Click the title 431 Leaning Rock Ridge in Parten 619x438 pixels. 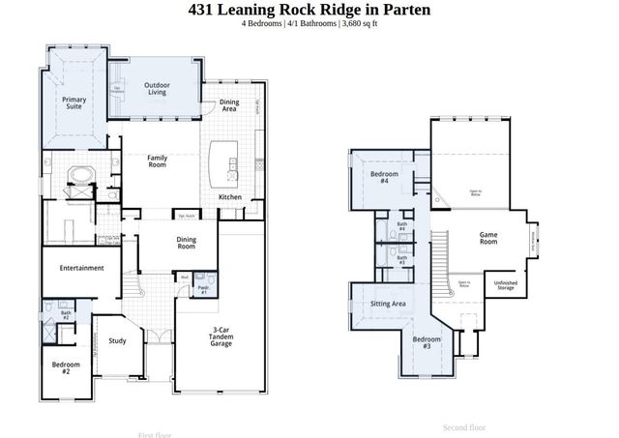pyautogui.click(x=309, y=10)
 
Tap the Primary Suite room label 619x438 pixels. pyautogui.click(x=74, y=103)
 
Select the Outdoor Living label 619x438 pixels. pyautogui.click(x=158, y=89)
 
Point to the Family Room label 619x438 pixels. pyautogui.click(x=158, y=161)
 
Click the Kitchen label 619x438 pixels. pyautogui.click(x=230, y=197)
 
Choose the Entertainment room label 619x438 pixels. pyautogui.click(x=81, y=268)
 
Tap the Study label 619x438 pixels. pyautogui.click(x=117, y=340)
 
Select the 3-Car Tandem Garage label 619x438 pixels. pyautogui.click(x=221, y=337)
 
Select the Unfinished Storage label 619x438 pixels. pyautogui.click(x=505, y=285)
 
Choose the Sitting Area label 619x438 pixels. pyautogui.click(x=388, y=304)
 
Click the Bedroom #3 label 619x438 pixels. pyautogui.click(x=427, y=342)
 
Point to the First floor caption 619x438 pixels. pyautogui.click(x=155, y=434)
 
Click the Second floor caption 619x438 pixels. pyautogui.click(x=464, y=426)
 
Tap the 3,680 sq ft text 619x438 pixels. pyautogui.click(x=360, y=25)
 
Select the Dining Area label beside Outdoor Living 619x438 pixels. pyautogui.click(x=229, y=105)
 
